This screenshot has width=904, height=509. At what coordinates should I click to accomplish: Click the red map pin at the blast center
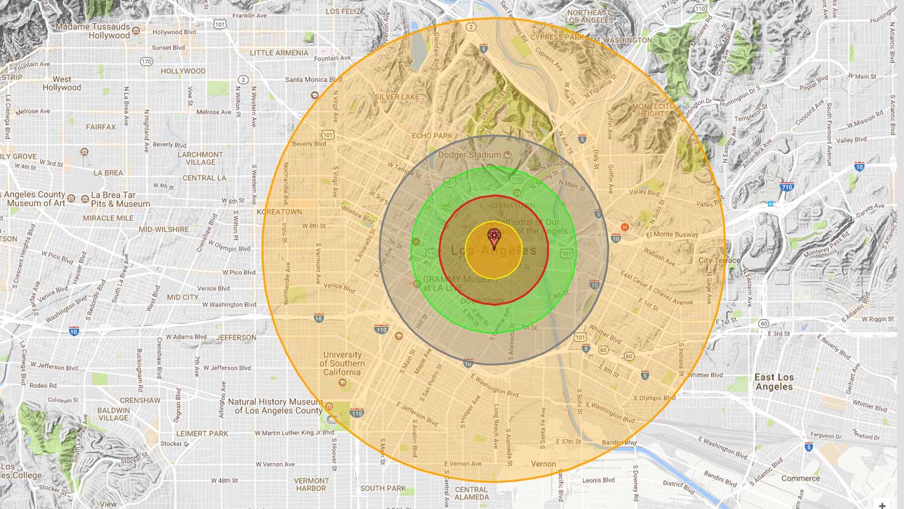494,238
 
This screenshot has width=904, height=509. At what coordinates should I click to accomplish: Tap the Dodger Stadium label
469,155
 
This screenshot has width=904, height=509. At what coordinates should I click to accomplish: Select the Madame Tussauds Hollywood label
92,31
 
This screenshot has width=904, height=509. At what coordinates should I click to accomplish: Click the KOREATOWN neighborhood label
279,212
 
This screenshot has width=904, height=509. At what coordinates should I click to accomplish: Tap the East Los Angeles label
773,382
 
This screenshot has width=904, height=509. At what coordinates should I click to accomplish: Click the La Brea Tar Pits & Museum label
120,199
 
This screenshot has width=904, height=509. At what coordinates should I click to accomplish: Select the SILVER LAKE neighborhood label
397,97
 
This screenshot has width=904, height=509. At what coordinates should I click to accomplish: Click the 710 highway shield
787,187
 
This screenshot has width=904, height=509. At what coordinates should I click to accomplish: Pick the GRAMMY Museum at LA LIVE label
460,283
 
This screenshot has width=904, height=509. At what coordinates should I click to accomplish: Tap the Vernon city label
543,464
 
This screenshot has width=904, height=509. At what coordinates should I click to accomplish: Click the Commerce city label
800,479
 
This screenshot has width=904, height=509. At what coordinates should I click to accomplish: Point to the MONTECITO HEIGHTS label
653,110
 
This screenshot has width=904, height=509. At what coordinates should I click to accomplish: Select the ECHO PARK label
432,136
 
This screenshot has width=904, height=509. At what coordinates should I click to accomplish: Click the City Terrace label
719,261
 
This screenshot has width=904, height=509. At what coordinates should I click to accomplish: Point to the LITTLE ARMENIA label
279,53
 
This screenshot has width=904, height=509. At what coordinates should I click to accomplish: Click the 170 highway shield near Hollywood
146,62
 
